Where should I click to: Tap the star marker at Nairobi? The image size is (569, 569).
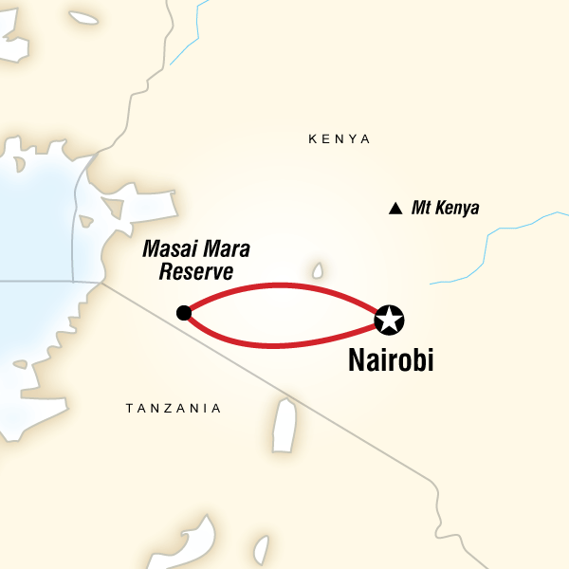tap(389, 320)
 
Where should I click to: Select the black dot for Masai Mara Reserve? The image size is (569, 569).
tap(184, 313)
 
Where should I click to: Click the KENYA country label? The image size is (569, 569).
tap(339, 139)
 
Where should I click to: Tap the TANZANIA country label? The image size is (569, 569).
tap(174, 409)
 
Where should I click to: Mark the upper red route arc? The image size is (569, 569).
tap(284, 284)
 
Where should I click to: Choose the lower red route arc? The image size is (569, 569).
tap(284, 344)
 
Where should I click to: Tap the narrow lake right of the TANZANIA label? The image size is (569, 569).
tap(284, 425)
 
